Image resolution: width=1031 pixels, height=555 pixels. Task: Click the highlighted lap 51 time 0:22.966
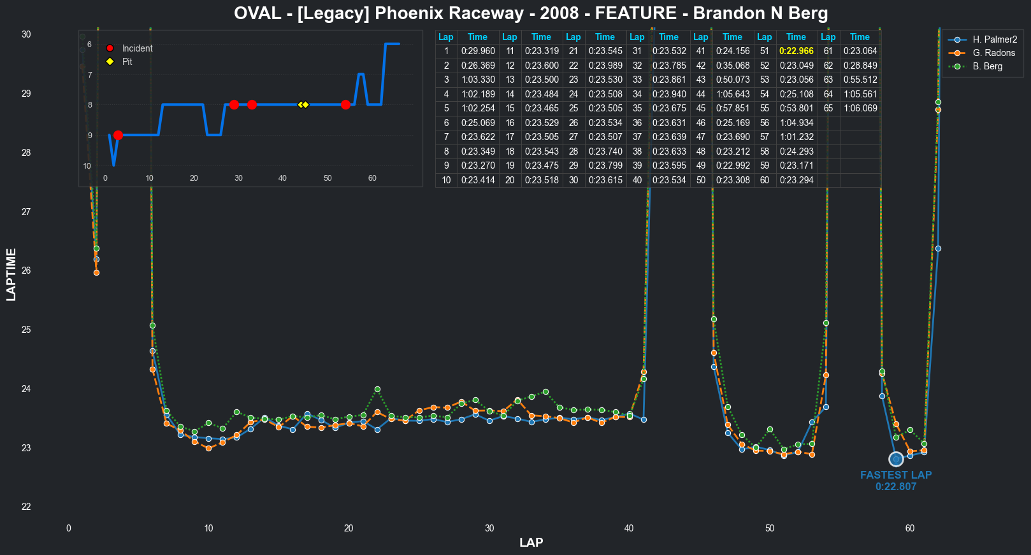coord(796,51)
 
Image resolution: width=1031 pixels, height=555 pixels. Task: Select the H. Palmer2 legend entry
coord(995,39)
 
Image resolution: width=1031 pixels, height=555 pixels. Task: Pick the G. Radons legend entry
coord(993,53)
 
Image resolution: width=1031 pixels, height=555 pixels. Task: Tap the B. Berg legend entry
coord(987,66)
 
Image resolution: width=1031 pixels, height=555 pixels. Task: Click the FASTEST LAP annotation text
coord(895,475)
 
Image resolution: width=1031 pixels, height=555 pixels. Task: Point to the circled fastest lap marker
coord(896,459)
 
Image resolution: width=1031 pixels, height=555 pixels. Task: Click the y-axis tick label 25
coord(26,330)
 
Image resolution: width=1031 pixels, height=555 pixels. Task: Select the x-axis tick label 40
coord(629,528)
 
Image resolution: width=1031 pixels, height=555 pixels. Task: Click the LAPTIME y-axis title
coord(11,275)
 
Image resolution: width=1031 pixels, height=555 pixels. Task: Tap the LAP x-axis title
coord(531,542)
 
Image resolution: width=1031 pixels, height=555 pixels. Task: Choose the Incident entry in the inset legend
coord(137,48)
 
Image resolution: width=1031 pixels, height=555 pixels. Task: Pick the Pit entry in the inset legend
coord(127,62)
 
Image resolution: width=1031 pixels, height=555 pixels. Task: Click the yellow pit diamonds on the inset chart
coord(303,104)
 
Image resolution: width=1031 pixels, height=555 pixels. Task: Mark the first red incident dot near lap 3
coord(118,135)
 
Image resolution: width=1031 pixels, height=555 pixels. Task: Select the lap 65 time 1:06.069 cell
coord(860,108)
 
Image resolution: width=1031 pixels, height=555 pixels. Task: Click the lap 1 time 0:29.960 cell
coord(477,51)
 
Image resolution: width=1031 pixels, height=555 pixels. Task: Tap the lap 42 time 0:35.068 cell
coord(732,66)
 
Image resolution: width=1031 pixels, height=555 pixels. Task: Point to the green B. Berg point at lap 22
coord(377,389)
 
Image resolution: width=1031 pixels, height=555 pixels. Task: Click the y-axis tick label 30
coord(26,34)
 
